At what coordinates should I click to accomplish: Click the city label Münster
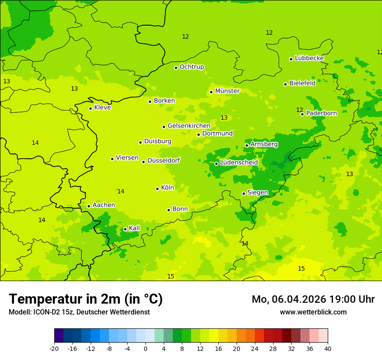pyautogui.click(x=227, y=91)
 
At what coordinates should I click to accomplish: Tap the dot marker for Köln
pyautogui.click(x=157, y=189)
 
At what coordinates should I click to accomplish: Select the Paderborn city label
pyautogui.click(x=321, y=113)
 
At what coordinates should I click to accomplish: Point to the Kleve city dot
pyautogui.click(x=90, y=108)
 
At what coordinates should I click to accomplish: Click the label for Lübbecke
pyautogui.click(x=309, y=58)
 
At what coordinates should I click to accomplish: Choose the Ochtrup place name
pyautogui.click(x=191, y=67)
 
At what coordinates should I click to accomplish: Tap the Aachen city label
pyautogui.click(x=104, y=205)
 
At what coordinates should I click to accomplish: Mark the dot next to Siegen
pyautogui.click(x=244, y=193)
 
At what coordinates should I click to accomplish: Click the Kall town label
pyautogui.click(x=134, y=228)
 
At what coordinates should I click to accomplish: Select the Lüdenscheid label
pyautogui.click(x=239, y=163)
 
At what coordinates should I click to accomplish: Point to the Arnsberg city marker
pyautogui.click(x=247, y=145)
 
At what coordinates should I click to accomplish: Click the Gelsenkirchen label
pyautogui.click(x=189, y=126)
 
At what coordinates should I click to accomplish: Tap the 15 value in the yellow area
pyautogui.click(x=301, y=269)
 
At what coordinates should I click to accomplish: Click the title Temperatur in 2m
pyautogui.click(x=86, y=299)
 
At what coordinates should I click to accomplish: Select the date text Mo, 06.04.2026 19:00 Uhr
pyautogui.click(x=313, y=299)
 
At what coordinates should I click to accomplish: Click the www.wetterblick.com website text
pyautogui.click(x=313, y=312)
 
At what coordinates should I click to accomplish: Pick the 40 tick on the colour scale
pyautogui.click(x=328, y=348)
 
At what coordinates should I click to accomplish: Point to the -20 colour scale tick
pyautogui.click(x=54, y=348)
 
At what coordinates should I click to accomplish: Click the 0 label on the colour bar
pyautogui.click(x=145, y=348)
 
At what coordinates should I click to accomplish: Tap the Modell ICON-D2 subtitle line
pyautogui.click(x=79, y=312)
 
